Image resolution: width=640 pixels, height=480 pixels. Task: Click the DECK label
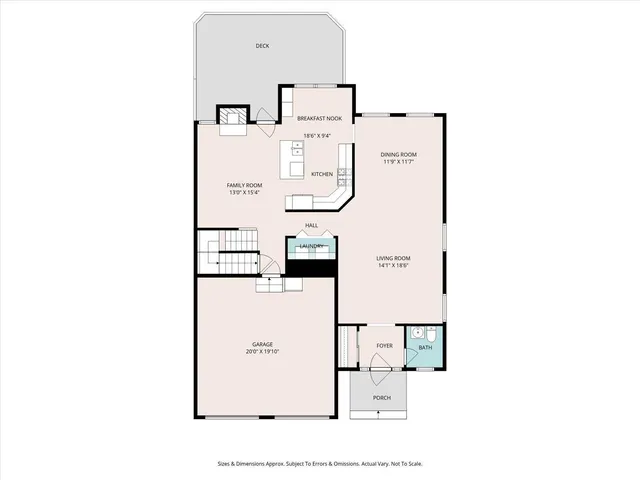pos(262,46)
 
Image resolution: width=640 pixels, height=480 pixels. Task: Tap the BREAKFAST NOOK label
pos(320,118)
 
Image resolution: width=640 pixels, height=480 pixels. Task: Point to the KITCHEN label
pos(322,175)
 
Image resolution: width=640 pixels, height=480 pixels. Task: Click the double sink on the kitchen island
pos(297,152)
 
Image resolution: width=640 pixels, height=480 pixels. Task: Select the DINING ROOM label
pos(398,154)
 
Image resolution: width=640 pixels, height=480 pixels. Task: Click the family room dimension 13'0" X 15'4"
pos(245,193)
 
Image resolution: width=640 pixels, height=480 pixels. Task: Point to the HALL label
pos(312,225)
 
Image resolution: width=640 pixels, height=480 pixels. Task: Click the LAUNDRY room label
pos(311,246)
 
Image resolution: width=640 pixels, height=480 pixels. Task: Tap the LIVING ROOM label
pos(393,258)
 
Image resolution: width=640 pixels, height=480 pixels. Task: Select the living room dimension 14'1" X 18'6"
pos(393,267)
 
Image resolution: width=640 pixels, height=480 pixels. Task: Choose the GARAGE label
pos(262,344)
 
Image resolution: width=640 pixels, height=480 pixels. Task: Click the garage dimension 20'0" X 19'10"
pos(262,352)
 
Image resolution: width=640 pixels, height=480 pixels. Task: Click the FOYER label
pos(384,346)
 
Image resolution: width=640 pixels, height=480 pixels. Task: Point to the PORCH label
pos(382,398)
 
